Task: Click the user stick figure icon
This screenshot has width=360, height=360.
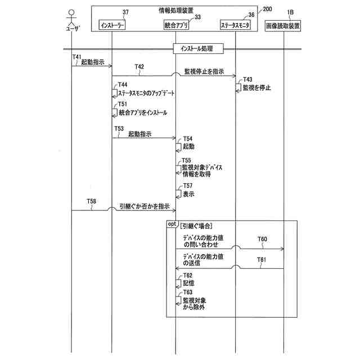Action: [71, 16]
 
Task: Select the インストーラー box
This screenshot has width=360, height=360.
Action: [112, 25]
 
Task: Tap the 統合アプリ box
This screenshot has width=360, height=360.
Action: [175, 25]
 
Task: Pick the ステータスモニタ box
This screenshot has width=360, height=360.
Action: [236, 25]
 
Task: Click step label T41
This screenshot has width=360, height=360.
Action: [77, 56]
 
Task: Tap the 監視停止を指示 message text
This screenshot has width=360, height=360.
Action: [204, 72]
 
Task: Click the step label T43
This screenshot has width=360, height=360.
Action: [247, 80]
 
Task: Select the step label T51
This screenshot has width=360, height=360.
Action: [122, 105]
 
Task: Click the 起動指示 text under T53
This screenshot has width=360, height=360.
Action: [139, 134]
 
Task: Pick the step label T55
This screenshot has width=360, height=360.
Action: [186, 160]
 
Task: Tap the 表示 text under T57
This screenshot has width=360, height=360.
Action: [188, 194]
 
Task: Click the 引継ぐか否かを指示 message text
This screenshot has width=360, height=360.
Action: [145, 206]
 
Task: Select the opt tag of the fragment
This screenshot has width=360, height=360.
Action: [172, 224]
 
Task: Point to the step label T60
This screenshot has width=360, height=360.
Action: [263, 239]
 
